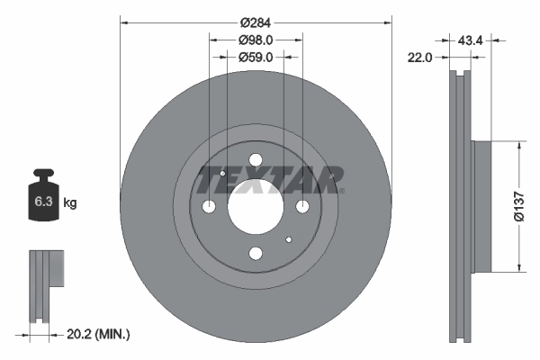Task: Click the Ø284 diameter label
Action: [x=256, y=21]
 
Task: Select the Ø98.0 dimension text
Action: [x=256, y=40]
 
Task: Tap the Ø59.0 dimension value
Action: [x=256, y=57]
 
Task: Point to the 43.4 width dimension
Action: [x=472, y=40]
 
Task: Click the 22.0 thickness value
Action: [x=420, y=57]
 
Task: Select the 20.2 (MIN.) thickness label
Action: [x=99, y=334]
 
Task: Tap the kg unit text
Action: [x=70, y=203]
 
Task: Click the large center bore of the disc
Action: [x=255, y=207]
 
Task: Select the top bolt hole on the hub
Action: [x=255, y=161]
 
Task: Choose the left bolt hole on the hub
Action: [x=210, y=207]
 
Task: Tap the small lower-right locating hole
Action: [x=288, y=240]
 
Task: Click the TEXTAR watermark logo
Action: [x=269, y=180]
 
